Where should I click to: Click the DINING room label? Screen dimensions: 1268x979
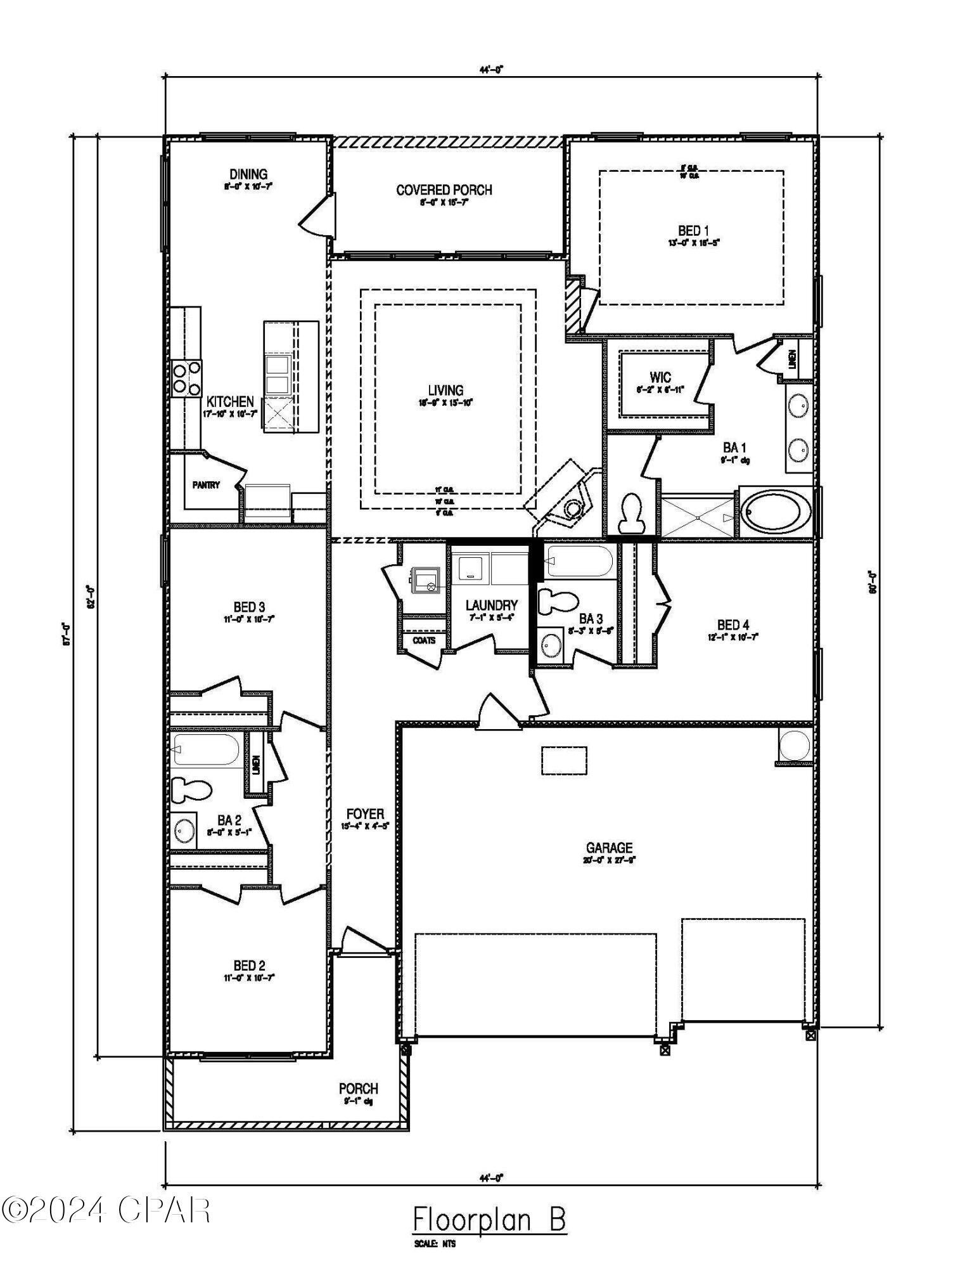[248, 174]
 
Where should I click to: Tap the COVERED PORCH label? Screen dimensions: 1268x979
[444, 190]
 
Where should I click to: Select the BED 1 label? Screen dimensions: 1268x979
[690, 231]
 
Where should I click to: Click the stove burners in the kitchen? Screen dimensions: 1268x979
[186, 378]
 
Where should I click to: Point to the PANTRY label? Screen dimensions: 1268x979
[206, 485]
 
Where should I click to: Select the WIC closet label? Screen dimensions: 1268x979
[660, 378]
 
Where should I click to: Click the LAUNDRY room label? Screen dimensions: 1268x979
[491, 606]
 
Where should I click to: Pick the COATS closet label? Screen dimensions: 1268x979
[424, 640]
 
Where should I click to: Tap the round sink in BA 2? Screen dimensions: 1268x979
[184, 830]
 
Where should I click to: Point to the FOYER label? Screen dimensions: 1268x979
[365, 815]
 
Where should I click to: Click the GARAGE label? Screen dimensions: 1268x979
[609, 848]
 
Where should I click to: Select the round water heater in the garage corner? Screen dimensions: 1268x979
[795, 746]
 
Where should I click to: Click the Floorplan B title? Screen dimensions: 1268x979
[489, 1219]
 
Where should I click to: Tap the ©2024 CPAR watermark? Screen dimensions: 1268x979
[106, 1210]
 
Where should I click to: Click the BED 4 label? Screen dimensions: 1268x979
[733, 625]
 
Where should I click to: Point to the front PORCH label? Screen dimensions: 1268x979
[358, 1089]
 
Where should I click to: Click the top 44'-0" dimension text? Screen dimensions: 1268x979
[490, 70]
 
